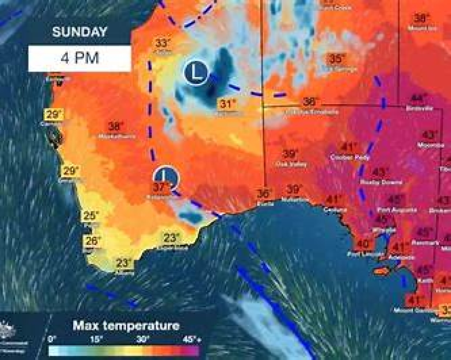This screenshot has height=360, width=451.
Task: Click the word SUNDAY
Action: (x=79, y=32)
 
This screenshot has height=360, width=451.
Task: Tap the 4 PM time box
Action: (x=80, y=57)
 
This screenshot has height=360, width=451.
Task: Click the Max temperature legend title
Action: (x=126, y=325)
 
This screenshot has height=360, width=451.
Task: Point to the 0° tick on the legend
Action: (x=52, y=340)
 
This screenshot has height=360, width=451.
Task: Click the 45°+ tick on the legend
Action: (x=192, y=340)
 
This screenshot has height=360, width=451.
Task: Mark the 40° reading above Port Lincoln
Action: (x=364, y=244)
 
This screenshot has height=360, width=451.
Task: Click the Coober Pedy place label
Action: (x=350, y=157)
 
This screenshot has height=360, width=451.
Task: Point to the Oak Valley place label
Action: (x=291, y=164)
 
